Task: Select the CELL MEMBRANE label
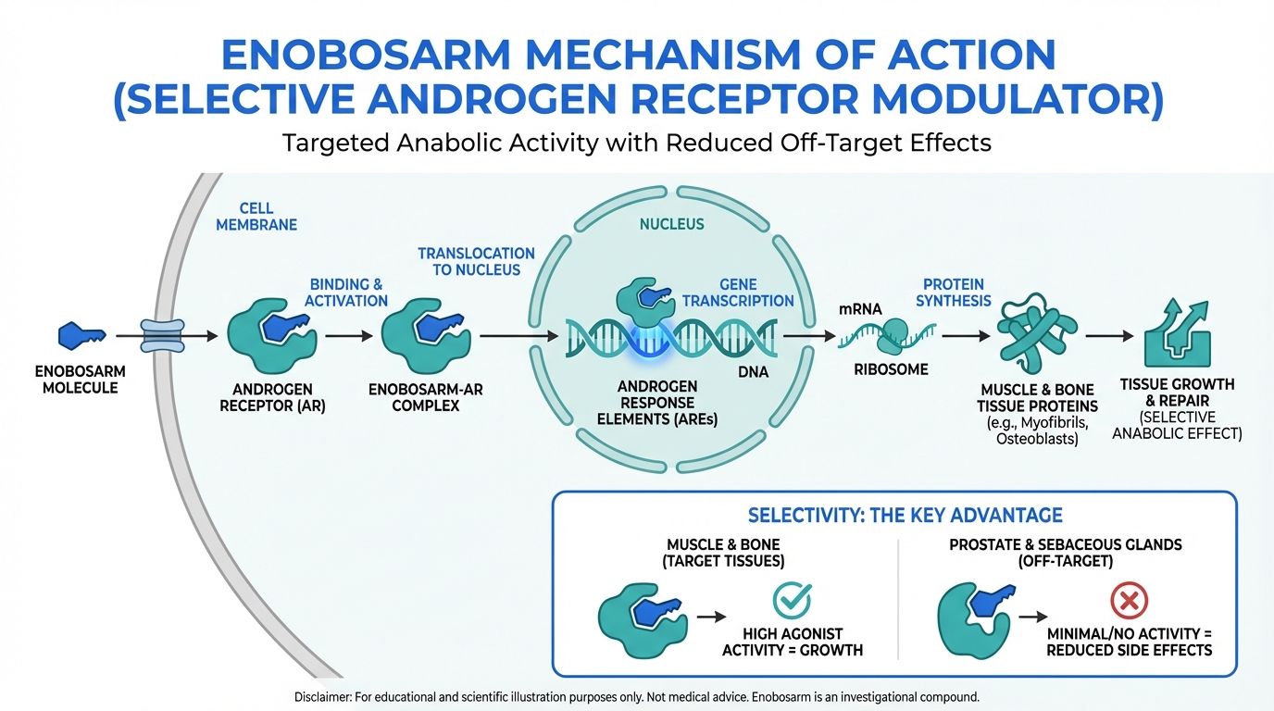(x=256, y=217)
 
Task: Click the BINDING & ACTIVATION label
(x=346, y=293)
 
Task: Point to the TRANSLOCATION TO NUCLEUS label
(x=476, y=261)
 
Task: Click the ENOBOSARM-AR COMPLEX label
(x=426, y=397)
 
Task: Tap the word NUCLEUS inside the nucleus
(x=672, y=224)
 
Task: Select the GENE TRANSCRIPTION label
(x=738, y=293)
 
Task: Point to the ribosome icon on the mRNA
(x=895, y=335)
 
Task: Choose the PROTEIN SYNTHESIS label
(x=954, y=293)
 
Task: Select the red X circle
(x=1129, y=601)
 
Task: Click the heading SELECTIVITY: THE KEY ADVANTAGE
(x=905, y=515)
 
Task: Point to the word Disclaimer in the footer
(x=327, y=695)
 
